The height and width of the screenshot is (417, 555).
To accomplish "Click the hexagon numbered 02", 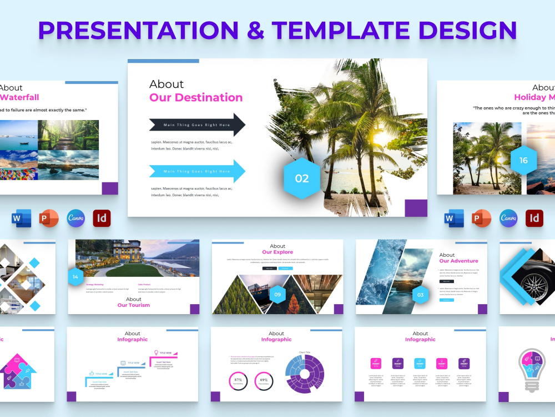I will tap(302, 178).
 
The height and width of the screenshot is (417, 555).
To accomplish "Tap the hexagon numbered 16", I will tap(523, 161).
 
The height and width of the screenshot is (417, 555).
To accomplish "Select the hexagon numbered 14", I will tap(75, 276).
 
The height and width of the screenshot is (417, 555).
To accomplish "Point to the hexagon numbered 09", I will tap(277, 294).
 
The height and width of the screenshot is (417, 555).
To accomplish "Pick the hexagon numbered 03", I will tap(420, 295).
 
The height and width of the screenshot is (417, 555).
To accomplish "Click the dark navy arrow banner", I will tap(197, 125).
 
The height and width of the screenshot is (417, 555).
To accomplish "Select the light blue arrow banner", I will tap(197, 171).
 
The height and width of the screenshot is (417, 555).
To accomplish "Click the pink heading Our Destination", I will tap(196, 98).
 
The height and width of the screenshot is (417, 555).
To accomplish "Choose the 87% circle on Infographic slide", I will tap(238, 381).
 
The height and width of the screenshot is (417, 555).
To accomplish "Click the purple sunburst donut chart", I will tap(305, 374).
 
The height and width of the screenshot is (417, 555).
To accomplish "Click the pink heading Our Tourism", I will tap(133, 305).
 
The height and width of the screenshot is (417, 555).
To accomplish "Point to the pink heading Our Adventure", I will tap(458, 261).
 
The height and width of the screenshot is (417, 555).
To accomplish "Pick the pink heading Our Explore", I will tap(277, 252).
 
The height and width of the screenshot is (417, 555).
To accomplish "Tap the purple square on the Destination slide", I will tap(416, 207).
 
